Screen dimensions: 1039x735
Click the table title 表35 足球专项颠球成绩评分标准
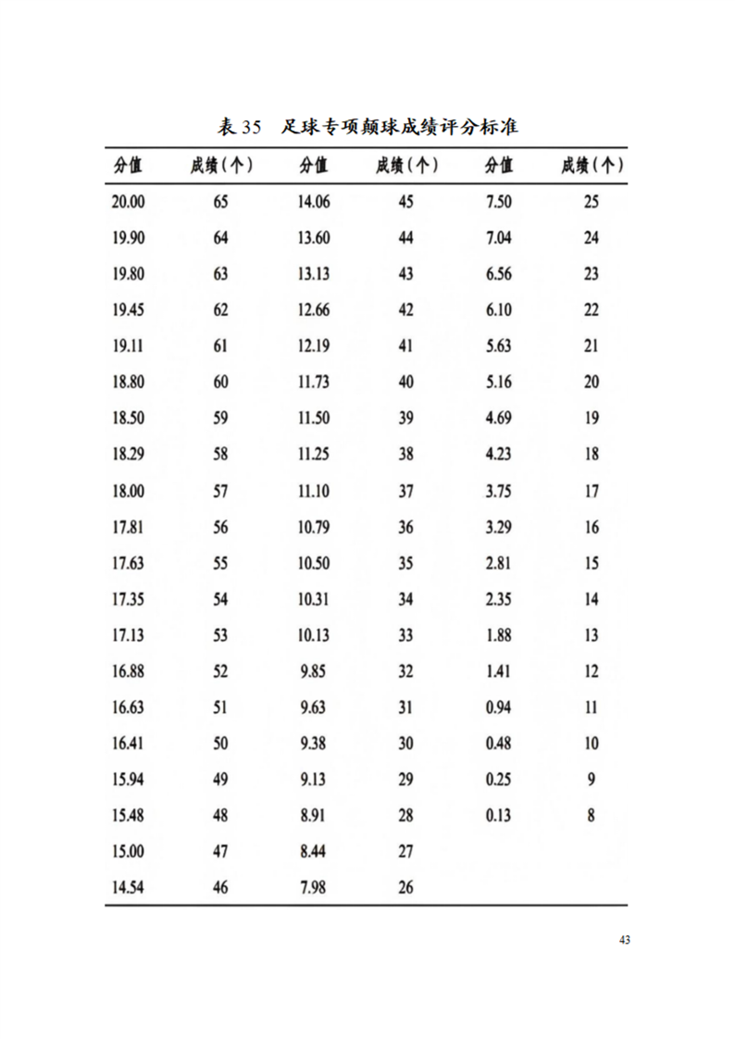point(367,126)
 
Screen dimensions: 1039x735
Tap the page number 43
point(625,941)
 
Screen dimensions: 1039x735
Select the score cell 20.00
point(128,202)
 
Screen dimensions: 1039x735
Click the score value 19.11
point(128,346)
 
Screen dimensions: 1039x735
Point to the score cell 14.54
point(128,888)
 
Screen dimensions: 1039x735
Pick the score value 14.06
point(314,202)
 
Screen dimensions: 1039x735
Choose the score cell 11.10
point(314,491)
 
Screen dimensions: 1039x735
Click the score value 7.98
point(314,888)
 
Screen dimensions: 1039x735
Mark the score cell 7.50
point(498,202)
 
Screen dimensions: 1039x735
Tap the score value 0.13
point(498,816)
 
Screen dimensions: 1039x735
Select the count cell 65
point(220,202)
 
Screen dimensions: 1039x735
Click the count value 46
point(220,888)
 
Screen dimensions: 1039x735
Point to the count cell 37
point(405,491)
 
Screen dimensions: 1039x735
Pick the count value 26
point(405,888)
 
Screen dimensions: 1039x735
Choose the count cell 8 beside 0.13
point(592,816)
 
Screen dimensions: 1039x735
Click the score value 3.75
point(498,491)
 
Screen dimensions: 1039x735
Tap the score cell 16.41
point(128,744)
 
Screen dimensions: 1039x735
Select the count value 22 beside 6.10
point(592,310)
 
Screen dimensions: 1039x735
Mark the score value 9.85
point(314,671)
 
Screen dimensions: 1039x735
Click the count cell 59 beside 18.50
point(220,419)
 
